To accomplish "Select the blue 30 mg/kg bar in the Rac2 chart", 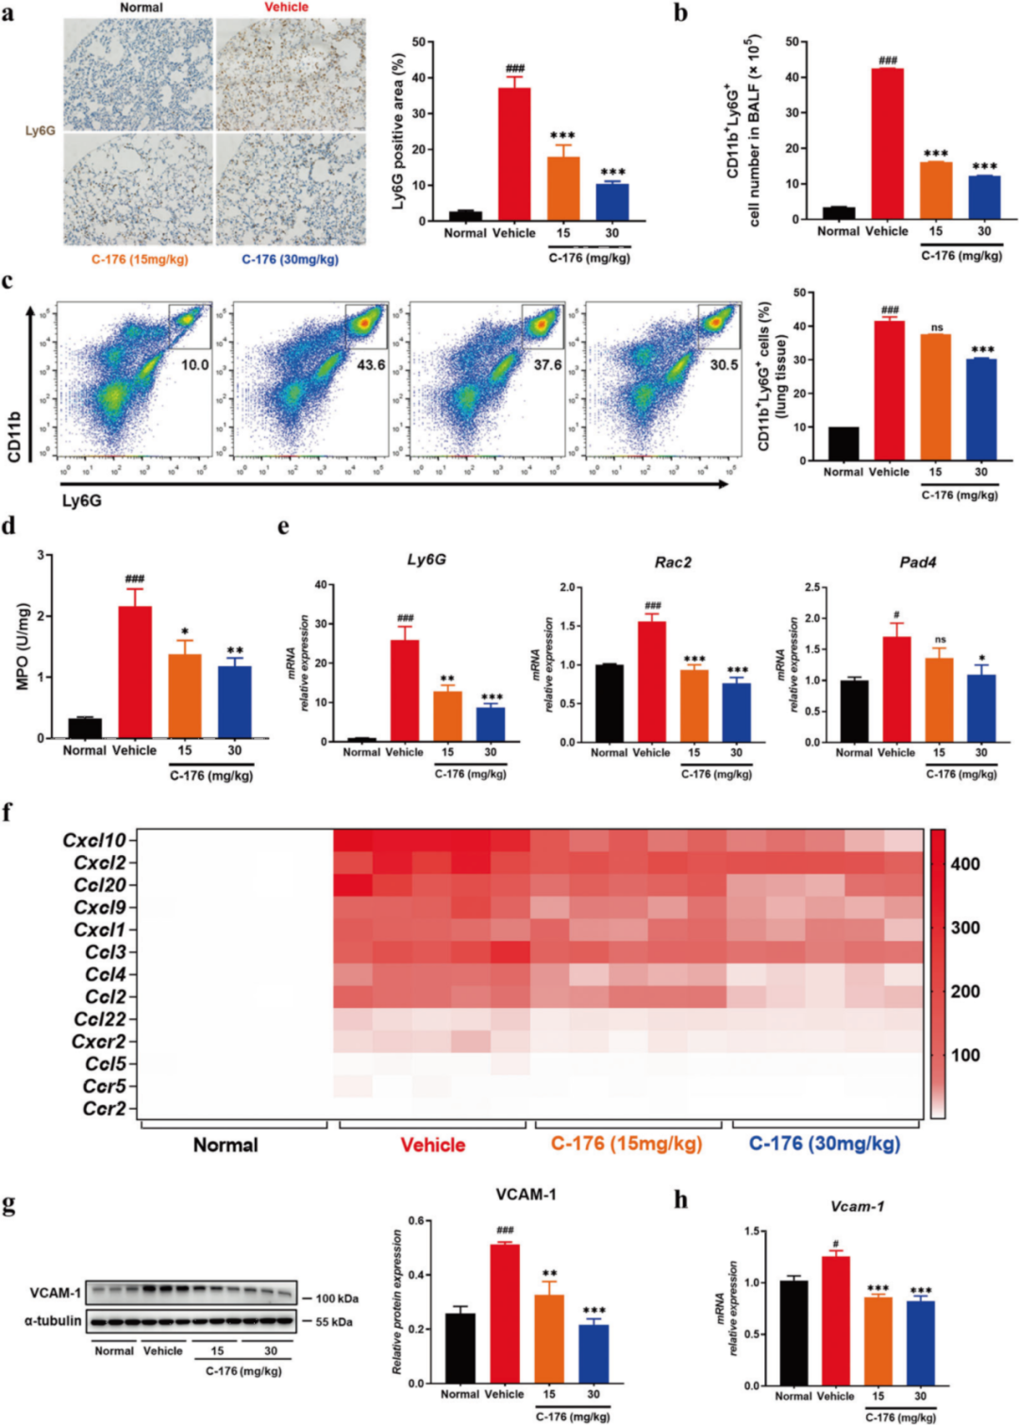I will click(736, 712).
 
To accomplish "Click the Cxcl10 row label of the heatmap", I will click(93, 840).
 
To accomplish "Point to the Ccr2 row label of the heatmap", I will click(103, 1109).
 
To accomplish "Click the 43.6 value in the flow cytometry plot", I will click(370, 364).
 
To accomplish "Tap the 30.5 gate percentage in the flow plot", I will click(724, 364).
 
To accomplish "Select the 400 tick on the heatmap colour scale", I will click(965, 863).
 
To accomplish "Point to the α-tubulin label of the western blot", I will click(53, 1320).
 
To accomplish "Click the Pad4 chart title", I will click(917, 562).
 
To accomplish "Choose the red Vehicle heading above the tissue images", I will click(286, 8).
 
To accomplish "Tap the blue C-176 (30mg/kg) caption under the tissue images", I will click(290, 260).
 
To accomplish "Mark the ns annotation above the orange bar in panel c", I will click(936, 328).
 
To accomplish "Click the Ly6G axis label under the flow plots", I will click(81, 500).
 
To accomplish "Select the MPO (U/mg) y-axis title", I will click(24, 646).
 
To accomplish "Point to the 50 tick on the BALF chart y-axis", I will click(792, 42).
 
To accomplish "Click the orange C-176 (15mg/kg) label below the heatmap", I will click(626, 1144).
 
